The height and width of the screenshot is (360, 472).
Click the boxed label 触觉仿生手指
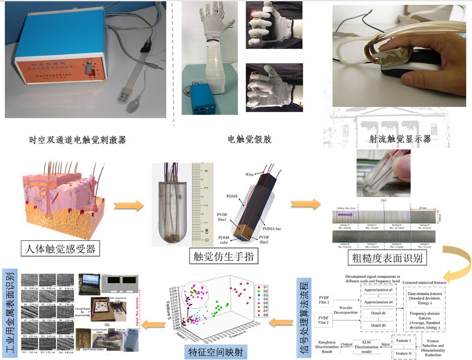tap(218, 256)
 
